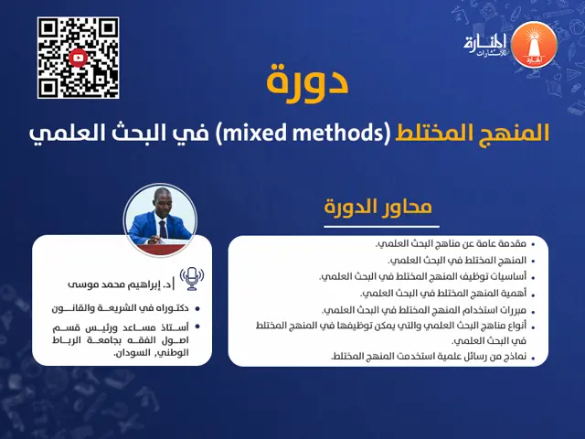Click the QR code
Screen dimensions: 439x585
click(78, 58)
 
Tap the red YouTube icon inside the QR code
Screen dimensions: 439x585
click(78, 58)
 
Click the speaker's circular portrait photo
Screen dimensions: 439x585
click(161, 216)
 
